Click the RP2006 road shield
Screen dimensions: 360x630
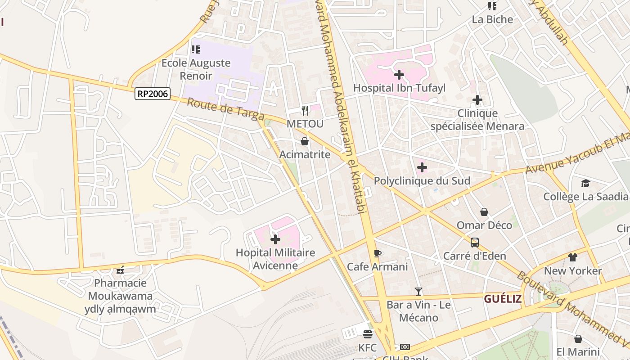pos(153,94)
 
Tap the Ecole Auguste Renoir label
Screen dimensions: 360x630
pos(196,69)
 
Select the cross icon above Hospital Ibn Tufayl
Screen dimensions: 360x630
pos(399,75)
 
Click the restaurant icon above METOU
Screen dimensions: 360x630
pos(305,110)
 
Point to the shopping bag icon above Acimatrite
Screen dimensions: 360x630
pos(305,141)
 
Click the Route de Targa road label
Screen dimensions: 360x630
pos(225,109)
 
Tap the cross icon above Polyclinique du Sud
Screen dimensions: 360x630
pos(422,168)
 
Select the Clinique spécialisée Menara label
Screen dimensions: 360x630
pos(477,120)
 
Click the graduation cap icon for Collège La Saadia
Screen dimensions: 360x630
pos(585,184)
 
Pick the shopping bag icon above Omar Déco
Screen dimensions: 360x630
pos(484,212)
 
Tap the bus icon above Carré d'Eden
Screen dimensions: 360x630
pos(474,243)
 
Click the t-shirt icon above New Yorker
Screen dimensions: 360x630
pos(572,257)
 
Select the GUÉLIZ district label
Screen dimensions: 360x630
pos(503,298)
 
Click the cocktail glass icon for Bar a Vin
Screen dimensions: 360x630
pos(418,292)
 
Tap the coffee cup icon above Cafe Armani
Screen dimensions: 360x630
pos(377,253)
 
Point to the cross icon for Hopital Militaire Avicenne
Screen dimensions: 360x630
pos(275,239)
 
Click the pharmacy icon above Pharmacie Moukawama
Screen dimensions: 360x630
pos(120,270)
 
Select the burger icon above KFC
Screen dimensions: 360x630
pos(368,334)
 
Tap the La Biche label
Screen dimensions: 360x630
pos(492,19)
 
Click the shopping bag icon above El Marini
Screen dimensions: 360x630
pos(578,339)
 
